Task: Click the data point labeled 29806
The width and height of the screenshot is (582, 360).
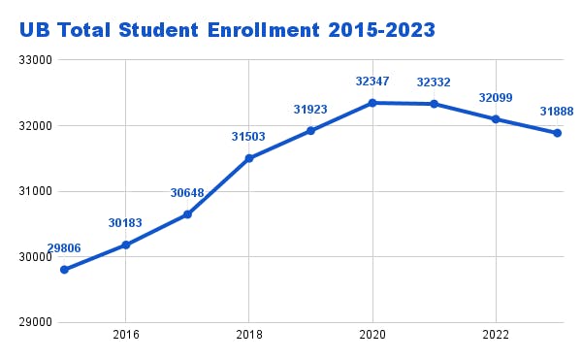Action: [x=64, y=270]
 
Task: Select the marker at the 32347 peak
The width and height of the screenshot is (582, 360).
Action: [x=372, y=103]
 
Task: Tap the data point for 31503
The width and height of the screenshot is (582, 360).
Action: [x=249, y=158]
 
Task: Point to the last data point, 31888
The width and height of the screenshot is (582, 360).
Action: [x=558, y=133]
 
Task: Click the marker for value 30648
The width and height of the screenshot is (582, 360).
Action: [x=187, y=214]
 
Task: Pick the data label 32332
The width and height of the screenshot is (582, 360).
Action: [x=434, y=82]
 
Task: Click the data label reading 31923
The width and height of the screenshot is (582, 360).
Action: [x=310, y=110]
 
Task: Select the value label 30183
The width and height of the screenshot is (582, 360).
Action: [x=125, y=223]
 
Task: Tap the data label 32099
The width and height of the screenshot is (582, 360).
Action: [x=496, y=98]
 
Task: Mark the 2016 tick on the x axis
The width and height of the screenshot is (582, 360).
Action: [x=125, y=335]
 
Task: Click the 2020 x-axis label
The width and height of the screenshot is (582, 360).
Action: [x=372, y=335]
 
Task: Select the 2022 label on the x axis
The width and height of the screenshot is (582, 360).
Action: [x=496, y=335]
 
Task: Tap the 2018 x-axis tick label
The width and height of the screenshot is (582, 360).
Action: [x=249, y=335]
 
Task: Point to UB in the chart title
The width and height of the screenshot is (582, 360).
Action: [x=35, y=30]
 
